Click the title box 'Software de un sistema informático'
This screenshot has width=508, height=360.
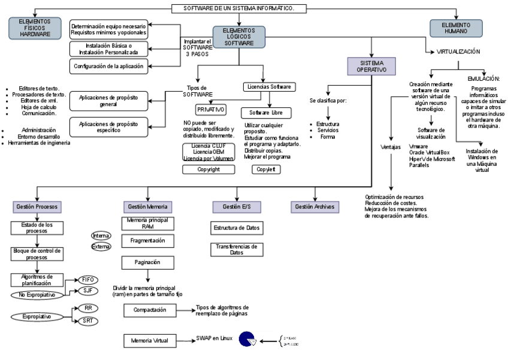coord(238,8)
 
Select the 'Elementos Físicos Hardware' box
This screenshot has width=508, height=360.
coord(35,27)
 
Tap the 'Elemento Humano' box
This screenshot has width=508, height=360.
coord(456,28)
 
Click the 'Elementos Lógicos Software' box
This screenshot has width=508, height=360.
coord(238,37)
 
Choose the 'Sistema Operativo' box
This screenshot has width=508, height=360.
coord(371,66)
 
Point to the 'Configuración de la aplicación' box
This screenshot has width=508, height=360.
coord(109,66)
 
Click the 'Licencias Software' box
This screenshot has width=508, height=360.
coord(268,87)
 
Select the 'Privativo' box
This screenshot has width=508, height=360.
coord(210,110)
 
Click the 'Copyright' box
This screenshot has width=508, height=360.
coord(208,170)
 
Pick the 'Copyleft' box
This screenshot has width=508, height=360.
coord(265,170)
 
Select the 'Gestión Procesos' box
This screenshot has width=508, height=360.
coord(37,207)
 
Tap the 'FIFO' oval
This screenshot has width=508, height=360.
coord(87,280)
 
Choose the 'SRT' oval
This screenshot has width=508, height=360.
coord(87,321)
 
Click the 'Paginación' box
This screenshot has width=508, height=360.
coord(146,262)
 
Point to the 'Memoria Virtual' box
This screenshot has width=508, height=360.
coord(150,341)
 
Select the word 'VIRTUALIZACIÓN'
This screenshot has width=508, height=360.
coord(458,52)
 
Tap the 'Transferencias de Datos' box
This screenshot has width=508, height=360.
coord(236,249)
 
